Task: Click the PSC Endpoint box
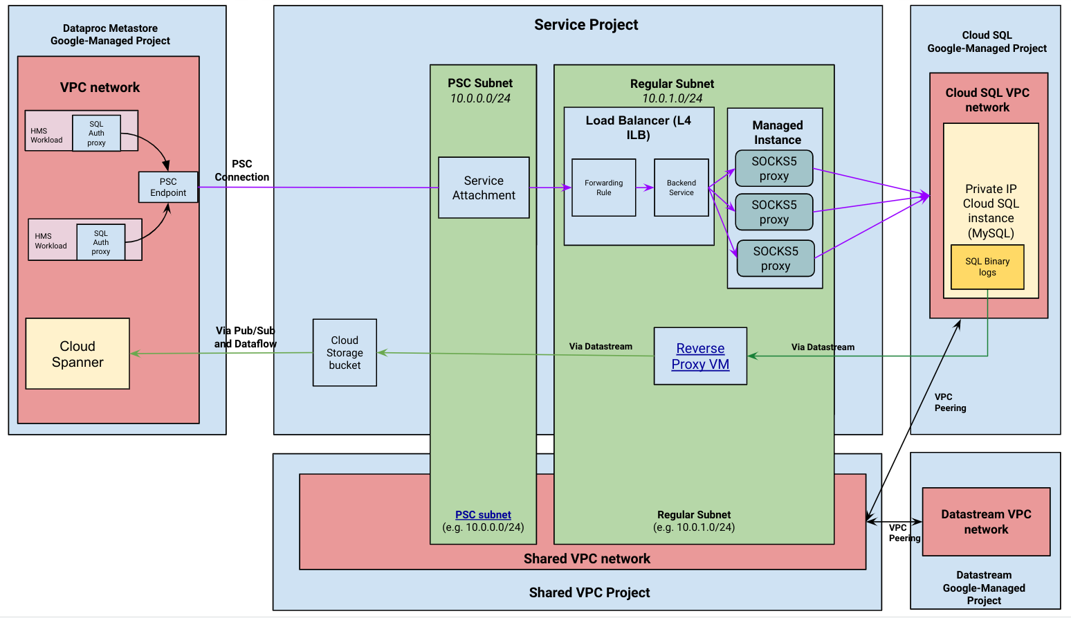(168, 187)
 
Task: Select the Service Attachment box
(484, 188)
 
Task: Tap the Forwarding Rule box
(603, 188)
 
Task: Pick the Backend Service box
(681, 188)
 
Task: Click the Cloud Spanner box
(77, 354)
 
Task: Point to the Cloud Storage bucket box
(345, 352)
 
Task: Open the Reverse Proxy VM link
(700, 356)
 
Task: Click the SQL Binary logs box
(987, 266)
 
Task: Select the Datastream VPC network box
(986, 522)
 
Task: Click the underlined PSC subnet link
(483, 515)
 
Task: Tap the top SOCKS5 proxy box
(773, 169)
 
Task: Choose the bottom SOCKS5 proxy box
(775, 258)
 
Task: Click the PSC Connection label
(241, 170)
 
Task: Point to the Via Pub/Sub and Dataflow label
(245, 337)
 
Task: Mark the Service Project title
(586, 25)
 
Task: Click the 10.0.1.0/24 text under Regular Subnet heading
(672, 98)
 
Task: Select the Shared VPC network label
(587, 558)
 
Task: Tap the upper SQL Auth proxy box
(96, 133)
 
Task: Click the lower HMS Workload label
(51, 241)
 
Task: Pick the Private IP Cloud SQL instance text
(991, 210)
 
